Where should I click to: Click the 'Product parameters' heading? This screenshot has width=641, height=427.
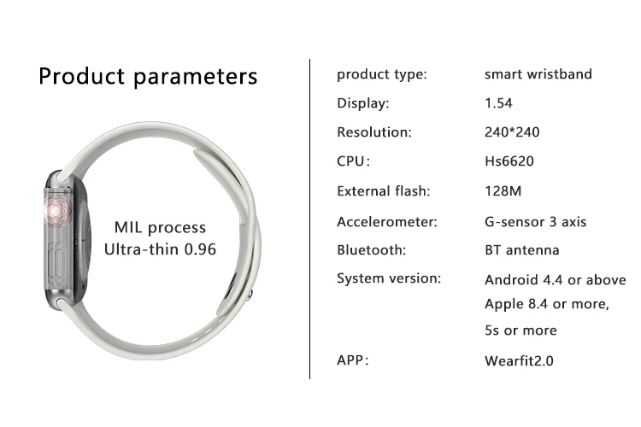[148, 76]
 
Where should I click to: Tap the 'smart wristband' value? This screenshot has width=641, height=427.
[538, 74]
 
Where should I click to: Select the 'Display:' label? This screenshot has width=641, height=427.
[363, 103]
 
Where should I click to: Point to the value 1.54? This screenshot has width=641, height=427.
[498, 103]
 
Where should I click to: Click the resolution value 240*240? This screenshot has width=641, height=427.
[512, 132]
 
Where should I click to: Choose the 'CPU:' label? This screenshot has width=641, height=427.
[353, 161]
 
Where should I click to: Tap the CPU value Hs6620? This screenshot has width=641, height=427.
[509, 161]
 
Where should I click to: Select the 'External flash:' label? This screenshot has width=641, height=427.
[384, 190]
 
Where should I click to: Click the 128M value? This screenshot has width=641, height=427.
[503, 190]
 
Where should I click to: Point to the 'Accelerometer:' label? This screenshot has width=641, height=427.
[386, 222]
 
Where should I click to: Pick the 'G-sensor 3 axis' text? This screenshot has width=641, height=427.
[535, 222]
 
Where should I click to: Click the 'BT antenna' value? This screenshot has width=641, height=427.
[521, 249]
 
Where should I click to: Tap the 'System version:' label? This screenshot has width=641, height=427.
[389, 278]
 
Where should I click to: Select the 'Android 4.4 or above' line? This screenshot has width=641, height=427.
[556, 280]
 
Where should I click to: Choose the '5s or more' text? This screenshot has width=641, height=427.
[520, 330]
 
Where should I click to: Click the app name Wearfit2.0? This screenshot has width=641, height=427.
[519, 360]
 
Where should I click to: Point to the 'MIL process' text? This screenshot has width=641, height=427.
[160, 228]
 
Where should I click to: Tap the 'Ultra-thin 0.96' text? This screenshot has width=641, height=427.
[160, 249]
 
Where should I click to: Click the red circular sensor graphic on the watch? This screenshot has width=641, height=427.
[57, 211]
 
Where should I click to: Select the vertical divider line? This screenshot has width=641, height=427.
[310, 219]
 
